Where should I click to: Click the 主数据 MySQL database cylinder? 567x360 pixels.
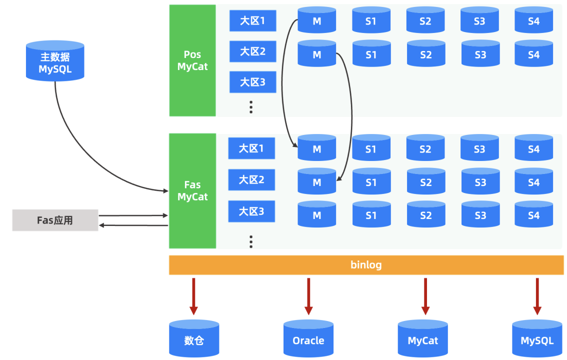[55, 60]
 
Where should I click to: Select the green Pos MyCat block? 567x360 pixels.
[192, 60]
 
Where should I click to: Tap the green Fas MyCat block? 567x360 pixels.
[192, 190]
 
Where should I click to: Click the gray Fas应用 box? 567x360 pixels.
[55, 220]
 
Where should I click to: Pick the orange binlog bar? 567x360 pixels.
[366, 265]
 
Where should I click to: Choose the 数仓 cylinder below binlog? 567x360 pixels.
[194, 339]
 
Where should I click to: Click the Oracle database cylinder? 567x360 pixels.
[308, 339]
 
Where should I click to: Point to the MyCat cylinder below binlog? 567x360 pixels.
[422, 339]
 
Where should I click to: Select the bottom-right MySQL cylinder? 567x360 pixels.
[537, 339]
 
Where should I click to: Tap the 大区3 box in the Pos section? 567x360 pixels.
[252, 82]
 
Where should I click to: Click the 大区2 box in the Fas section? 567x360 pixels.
[251, 179]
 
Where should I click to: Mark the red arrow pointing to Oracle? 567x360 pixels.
[308, 296]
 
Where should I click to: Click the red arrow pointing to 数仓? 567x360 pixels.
[193, 296]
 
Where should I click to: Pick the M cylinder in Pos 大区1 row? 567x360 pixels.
[317, 20]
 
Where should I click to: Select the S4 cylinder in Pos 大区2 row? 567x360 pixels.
[533, 53]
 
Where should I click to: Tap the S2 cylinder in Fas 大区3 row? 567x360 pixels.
[425, 214]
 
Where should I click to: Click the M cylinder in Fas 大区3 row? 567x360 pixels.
[317, 214]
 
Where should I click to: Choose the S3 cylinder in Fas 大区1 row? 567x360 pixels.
[479, 148]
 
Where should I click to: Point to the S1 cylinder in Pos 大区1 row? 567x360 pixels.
[371, 20]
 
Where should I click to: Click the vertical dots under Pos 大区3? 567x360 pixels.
[251, 106]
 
